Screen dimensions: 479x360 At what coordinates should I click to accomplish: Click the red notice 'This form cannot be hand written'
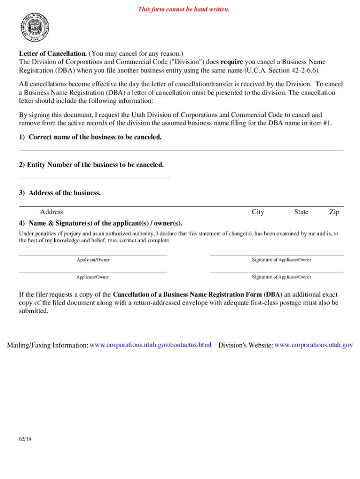click(x=183, y=9)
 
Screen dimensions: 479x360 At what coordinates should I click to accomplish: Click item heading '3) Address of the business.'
click(x=60, y=193)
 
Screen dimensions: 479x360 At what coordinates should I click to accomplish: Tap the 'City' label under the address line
click(x=258, y=212)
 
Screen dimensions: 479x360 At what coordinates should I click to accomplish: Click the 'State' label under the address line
click(x=301, y=212)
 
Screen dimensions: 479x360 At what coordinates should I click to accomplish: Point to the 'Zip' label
click(x=334, y=212)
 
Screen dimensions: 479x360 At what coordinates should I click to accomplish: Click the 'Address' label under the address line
click(x=51, y=212)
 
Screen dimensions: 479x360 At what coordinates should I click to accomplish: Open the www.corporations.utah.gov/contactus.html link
click(x=151, y=345)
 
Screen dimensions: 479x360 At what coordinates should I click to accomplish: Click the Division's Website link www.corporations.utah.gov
click(x=313, y=345)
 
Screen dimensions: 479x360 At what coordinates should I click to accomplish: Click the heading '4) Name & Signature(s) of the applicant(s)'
click(x=101, y=223)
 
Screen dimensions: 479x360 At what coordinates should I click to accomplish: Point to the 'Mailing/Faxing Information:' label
click(x=47, y=345)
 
